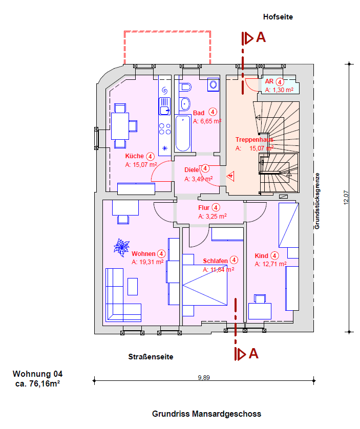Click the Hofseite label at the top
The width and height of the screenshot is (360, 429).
(278, 17)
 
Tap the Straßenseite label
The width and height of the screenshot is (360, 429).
(151, 357)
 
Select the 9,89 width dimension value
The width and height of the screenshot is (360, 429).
(204, 378)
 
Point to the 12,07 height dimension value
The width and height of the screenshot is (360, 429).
(346, 198)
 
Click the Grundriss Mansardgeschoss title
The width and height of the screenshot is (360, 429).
(206, 414)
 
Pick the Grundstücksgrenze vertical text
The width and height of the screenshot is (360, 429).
(317, 201)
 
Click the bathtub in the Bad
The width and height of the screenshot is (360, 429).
(183, 133)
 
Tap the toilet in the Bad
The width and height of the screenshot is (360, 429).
(185, 88)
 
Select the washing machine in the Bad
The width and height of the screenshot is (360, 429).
(213, 84)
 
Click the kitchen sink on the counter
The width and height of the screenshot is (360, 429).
(164, 106)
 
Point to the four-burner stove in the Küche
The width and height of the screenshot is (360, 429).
(165, 129)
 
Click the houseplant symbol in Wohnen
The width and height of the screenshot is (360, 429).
(121, 247)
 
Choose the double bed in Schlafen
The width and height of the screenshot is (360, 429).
(205, 285)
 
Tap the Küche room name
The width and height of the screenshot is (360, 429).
(134, 156)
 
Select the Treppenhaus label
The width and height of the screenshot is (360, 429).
(255, 140)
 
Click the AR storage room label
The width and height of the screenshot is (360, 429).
(269, 81)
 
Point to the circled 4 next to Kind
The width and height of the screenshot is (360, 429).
(274, 255)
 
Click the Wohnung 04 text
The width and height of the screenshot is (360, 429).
(37, 374)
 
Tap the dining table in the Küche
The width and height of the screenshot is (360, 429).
(120, 126)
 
